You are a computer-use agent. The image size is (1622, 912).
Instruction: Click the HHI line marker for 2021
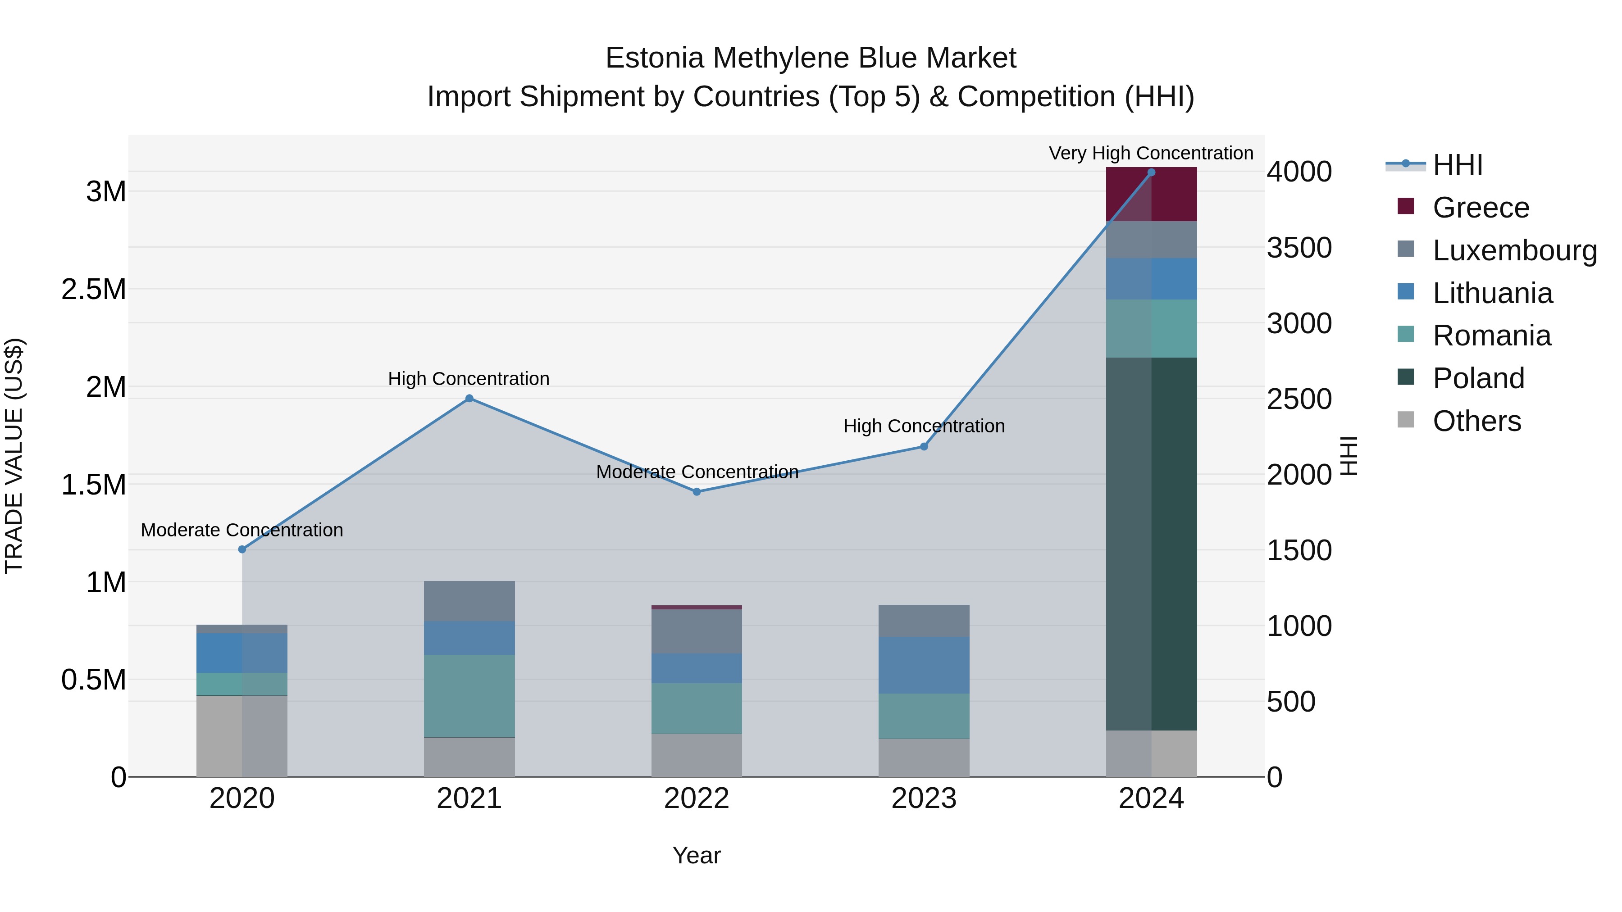click(469, 399)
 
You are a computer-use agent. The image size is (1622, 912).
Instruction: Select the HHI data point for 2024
click(1151, 172)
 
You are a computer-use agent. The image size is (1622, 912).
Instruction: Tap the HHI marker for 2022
click(697, 491)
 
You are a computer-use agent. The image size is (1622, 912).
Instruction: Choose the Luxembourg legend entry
click(1514, 250)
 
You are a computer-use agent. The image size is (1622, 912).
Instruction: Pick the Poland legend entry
click(1478, 378)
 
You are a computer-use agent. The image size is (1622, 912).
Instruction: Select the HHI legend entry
click(1457, 165)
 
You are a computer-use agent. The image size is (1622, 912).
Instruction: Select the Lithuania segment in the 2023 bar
click(924, 665)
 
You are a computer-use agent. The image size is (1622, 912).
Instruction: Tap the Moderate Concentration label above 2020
click(242, 530)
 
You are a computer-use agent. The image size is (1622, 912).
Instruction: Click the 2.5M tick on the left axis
click(93, 290)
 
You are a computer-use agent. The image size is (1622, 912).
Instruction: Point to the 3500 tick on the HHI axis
click(1299, 247)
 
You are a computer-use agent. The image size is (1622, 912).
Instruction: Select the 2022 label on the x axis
click(697, 799)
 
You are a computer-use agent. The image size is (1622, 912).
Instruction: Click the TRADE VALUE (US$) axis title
click(14, 456)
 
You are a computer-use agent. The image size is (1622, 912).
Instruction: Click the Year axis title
click(697, 855)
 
